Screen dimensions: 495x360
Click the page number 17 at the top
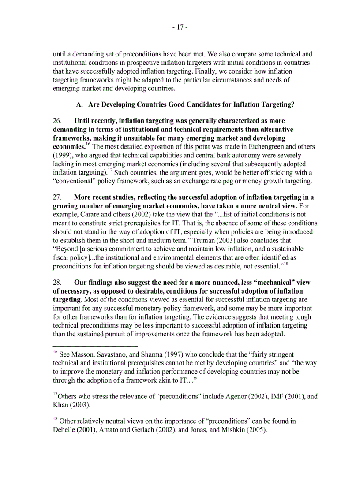(x=180, y=27)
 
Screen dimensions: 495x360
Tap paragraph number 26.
(x=57, y=121)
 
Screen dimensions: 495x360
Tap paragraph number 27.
(x=57, y=197)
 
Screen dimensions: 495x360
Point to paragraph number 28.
(x=57, y=283)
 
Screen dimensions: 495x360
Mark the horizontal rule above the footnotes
(x=95, y=346)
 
